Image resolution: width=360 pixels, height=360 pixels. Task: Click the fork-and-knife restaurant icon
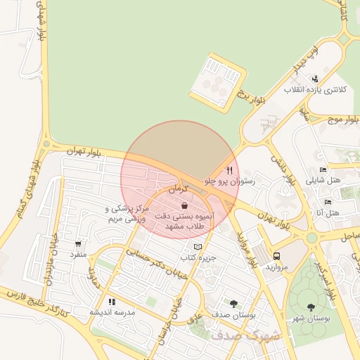click(x=229, y=170)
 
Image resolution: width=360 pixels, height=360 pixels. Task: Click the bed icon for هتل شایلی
click(x=323, y=169)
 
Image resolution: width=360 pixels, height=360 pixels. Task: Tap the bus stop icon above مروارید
click(x=276, y=257)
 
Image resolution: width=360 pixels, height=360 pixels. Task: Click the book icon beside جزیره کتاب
click(x=198, y=247)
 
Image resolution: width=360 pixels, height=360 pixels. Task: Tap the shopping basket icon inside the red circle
click(x=184, y=206)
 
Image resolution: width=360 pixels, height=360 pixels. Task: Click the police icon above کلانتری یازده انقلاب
click(x=315, y=79)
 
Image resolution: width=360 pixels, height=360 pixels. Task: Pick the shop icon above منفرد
click(x=77, y=244)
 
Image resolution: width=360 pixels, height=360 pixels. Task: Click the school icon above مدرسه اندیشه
click(x=112, y=301)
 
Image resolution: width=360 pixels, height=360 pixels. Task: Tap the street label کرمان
click(x=180, y=190)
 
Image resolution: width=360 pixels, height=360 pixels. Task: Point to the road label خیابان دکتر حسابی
click(x=148, y=252)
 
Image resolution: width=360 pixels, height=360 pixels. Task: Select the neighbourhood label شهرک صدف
click(x=254, y=335)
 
